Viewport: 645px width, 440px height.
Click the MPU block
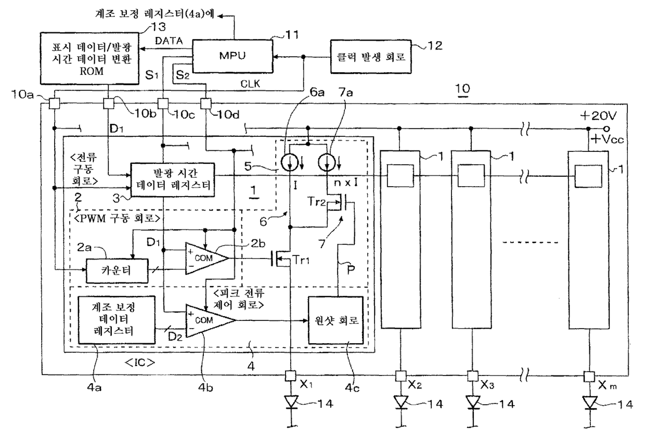point(233,56)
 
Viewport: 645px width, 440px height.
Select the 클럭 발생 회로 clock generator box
point(370,57)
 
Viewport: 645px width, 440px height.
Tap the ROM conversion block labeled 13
point(89,58)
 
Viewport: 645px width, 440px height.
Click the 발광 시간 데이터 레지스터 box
point(173,180)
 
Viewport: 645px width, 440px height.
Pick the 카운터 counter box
point(117,270)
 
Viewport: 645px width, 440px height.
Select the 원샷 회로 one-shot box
point(336,320)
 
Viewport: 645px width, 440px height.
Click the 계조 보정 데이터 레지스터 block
point(117,320)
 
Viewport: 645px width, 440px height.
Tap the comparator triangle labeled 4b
point(210,320)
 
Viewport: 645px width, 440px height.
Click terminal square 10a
point(54,103)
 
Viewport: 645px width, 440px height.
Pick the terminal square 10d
point(206,103)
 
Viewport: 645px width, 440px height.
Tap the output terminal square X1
point(290,376)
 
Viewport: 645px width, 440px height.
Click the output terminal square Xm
point(589,376)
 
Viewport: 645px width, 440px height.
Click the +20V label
point(598,116)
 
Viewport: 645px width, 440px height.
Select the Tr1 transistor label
point(301,260)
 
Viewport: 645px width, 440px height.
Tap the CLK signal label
point(250,84)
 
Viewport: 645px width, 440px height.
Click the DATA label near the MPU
point(169,41)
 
